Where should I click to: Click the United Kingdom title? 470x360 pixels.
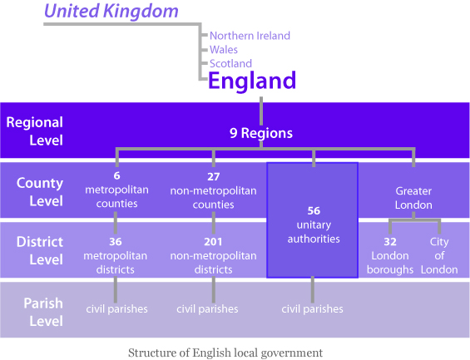111,12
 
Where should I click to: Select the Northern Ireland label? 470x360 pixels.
250,36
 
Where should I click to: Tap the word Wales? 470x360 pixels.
224,49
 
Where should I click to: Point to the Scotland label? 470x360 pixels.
230,63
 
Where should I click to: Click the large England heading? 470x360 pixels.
252,81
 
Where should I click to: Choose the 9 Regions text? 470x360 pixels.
261,133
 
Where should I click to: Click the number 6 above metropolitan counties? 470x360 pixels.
117,175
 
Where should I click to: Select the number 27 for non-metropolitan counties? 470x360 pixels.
214,177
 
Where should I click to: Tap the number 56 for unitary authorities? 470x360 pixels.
314,211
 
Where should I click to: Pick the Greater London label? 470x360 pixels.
413,198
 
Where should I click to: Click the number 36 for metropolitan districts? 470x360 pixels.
116,242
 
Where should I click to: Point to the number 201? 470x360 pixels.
213,242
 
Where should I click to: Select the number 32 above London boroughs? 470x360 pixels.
390,242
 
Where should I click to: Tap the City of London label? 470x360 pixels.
439,255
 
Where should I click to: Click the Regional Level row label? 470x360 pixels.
34,131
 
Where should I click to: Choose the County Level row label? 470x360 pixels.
40,192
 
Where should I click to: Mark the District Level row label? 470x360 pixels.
40,250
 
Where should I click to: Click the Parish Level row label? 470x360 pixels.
43,312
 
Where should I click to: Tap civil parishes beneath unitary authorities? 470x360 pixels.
312,308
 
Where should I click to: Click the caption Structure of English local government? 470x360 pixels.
225,353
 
